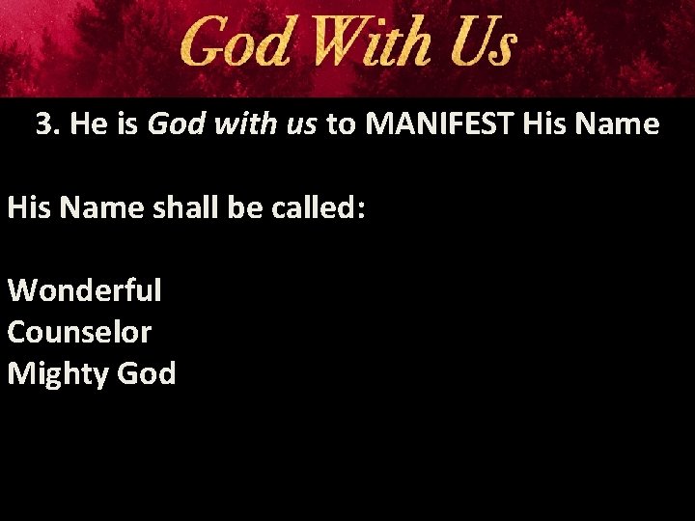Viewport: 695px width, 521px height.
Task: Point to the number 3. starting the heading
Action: (47, 124)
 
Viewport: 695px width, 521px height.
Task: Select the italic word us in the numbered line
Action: (302, 124)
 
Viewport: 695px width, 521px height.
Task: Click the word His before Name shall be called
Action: (28, 208)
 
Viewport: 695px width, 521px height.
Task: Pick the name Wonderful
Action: (85, 289)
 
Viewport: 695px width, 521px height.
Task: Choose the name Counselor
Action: (79, 331)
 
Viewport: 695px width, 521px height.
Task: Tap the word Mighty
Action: (60, 373)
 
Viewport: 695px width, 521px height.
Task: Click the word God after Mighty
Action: (147, 372)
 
